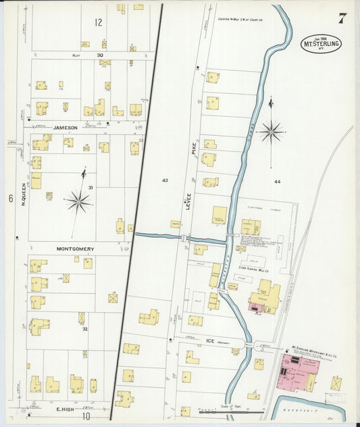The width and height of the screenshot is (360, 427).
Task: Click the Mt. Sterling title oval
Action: pos(321,43)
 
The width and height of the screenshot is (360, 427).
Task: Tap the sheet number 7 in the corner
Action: pos(342,18)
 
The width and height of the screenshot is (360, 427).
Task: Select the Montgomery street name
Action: pos(74,249)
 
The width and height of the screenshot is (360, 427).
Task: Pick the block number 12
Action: pos(99,22)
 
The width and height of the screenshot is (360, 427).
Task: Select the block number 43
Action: pos(165,180)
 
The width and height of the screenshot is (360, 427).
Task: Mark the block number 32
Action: pos(84,329)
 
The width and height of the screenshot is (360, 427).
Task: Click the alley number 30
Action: pos(100,55)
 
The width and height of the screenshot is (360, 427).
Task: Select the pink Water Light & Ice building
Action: pos(294,370)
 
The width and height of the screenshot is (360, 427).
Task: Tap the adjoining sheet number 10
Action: pos(86,416)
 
